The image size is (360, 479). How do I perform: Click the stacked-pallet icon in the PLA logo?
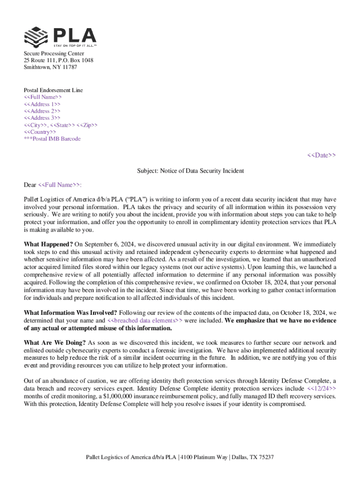(36, 37)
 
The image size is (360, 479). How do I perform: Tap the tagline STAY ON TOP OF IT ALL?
(75, 46)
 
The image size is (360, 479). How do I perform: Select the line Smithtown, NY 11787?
(50, 67)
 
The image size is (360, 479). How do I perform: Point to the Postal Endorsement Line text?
(53, 90)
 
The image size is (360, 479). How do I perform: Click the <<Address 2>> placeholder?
(42, 111)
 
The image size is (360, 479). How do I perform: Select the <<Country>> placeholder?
(40, 132)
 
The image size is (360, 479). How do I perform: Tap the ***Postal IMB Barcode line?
(52, 139)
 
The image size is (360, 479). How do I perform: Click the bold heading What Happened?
(48, 244)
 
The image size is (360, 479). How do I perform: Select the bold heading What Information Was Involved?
(71, 313)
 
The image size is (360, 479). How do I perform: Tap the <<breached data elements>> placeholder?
(145, 321)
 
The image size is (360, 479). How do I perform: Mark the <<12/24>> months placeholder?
(321, 389)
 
